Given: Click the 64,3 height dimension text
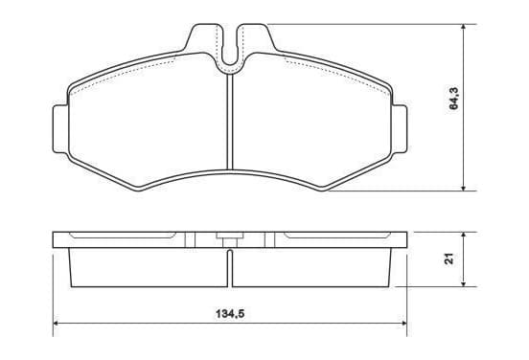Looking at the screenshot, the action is tap(453, 98).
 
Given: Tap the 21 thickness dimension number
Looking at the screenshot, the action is tap(449, 259).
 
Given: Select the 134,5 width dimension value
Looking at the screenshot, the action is tap(230, 314).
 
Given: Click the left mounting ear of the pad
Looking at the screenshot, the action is tap(60, 129).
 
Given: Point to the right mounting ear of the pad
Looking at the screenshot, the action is tap(400, 129).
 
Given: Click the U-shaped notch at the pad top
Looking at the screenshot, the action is tap(230, 47).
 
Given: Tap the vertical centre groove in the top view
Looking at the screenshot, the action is tap(230, 122).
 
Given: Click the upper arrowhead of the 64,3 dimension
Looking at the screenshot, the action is tap(464, 28).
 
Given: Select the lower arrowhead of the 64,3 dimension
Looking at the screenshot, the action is tap(464, 187).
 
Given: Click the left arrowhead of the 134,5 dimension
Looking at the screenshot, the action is tap(57, 324).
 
